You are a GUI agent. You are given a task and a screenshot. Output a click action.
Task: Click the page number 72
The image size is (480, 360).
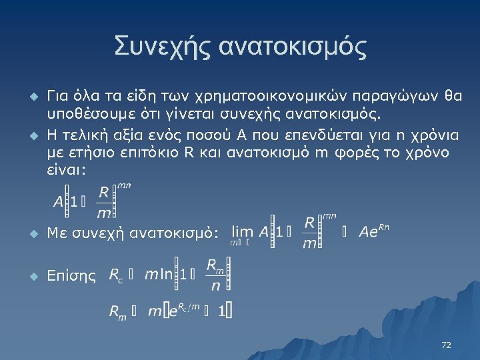[446, 345]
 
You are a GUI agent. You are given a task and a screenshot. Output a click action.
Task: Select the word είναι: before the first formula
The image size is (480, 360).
[65, 170]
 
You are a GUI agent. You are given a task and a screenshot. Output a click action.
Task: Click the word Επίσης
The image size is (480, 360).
[72, 275]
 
